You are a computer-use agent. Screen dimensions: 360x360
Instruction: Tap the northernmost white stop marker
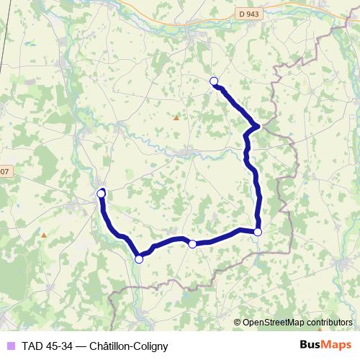213,81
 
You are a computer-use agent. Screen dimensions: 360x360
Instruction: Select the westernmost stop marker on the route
101,194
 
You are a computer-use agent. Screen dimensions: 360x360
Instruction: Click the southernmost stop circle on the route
139,259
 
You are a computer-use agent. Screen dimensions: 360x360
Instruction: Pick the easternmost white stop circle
258,232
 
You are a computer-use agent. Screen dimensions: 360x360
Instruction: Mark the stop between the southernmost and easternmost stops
192,245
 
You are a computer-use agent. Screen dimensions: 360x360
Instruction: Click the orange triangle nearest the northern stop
176,117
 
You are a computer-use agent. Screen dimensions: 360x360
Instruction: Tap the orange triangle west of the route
44,235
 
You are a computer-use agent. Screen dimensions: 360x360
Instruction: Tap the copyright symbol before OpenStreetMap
238,323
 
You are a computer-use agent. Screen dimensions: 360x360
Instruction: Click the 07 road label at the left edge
4,171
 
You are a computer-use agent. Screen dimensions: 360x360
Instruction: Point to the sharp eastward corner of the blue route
258,127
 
